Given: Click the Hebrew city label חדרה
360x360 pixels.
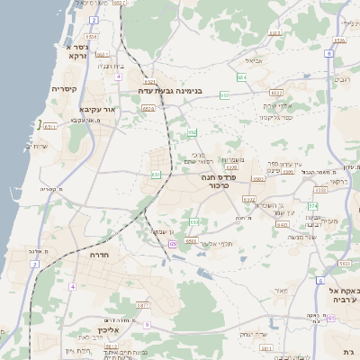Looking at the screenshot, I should [97, 256].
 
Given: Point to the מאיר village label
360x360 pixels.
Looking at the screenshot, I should [282, 290].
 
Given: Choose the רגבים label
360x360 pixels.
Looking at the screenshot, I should [342, 79].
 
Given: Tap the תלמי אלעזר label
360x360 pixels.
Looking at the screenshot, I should [216, 243].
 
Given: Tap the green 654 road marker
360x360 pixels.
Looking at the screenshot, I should [242, 78].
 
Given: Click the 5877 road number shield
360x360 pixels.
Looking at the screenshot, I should [141, 306].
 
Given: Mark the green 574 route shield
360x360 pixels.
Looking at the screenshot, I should [312, 206].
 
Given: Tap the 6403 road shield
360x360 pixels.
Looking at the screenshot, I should [282, 224].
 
